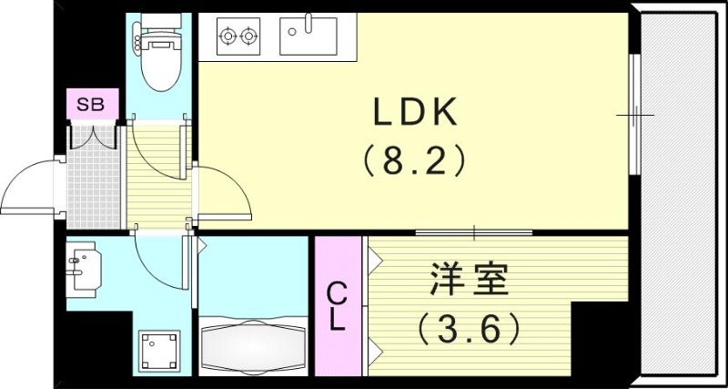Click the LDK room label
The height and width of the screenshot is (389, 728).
[414, 114]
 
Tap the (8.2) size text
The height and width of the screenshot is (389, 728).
[414, 162]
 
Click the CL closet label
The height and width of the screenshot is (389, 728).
[337, 305]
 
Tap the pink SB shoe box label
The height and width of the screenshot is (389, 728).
[90, 105]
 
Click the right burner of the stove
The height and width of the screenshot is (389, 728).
[248, 37]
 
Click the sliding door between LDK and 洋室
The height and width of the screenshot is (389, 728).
[473, 233]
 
